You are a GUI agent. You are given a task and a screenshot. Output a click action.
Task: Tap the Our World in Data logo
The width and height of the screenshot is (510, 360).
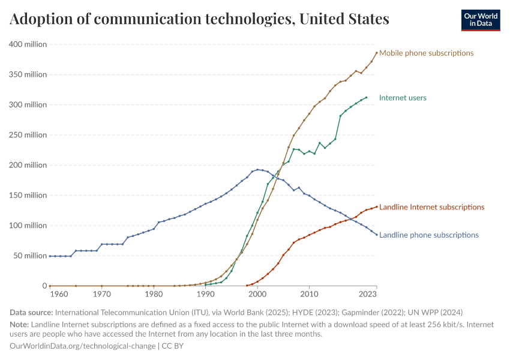coord(480,20)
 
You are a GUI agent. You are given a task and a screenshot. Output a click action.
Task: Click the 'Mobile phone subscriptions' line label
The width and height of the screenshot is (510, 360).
coord(426,53)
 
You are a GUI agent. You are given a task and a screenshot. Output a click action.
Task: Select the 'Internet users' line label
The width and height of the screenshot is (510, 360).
coord(403,98)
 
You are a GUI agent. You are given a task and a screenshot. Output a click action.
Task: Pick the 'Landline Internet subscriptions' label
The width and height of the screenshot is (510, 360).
coord(431,207)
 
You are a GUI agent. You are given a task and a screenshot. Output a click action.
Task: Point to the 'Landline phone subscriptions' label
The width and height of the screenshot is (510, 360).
coord(429,235)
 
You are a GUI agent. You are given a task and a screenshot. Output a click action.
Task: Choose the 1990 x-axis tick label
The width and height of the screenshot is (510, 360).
coord(206,295)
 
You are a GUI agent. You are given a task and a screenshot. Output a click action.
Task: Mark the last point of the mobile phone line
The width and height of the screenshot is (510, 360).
coord(377,53)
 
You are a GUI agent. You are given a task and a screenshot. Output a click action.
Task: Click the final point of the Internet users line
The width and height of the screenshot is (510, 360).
coord(366,98)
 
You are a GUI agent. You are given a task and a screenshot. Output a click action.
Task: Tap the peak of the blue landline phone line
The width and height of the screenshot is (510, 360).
coord(257,170)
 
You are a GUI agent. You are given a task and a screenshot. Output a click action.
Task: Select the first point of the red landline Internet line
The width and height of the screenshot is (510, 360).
coord(247,286)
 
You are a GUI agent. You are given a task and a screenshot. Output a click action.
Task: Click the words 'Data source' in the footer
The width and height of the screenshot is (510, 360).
coord(31,313)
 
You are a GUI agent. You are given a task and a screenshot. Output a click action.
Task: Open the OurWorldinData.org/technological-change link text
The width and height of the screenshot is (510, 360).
coord(83,346)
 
